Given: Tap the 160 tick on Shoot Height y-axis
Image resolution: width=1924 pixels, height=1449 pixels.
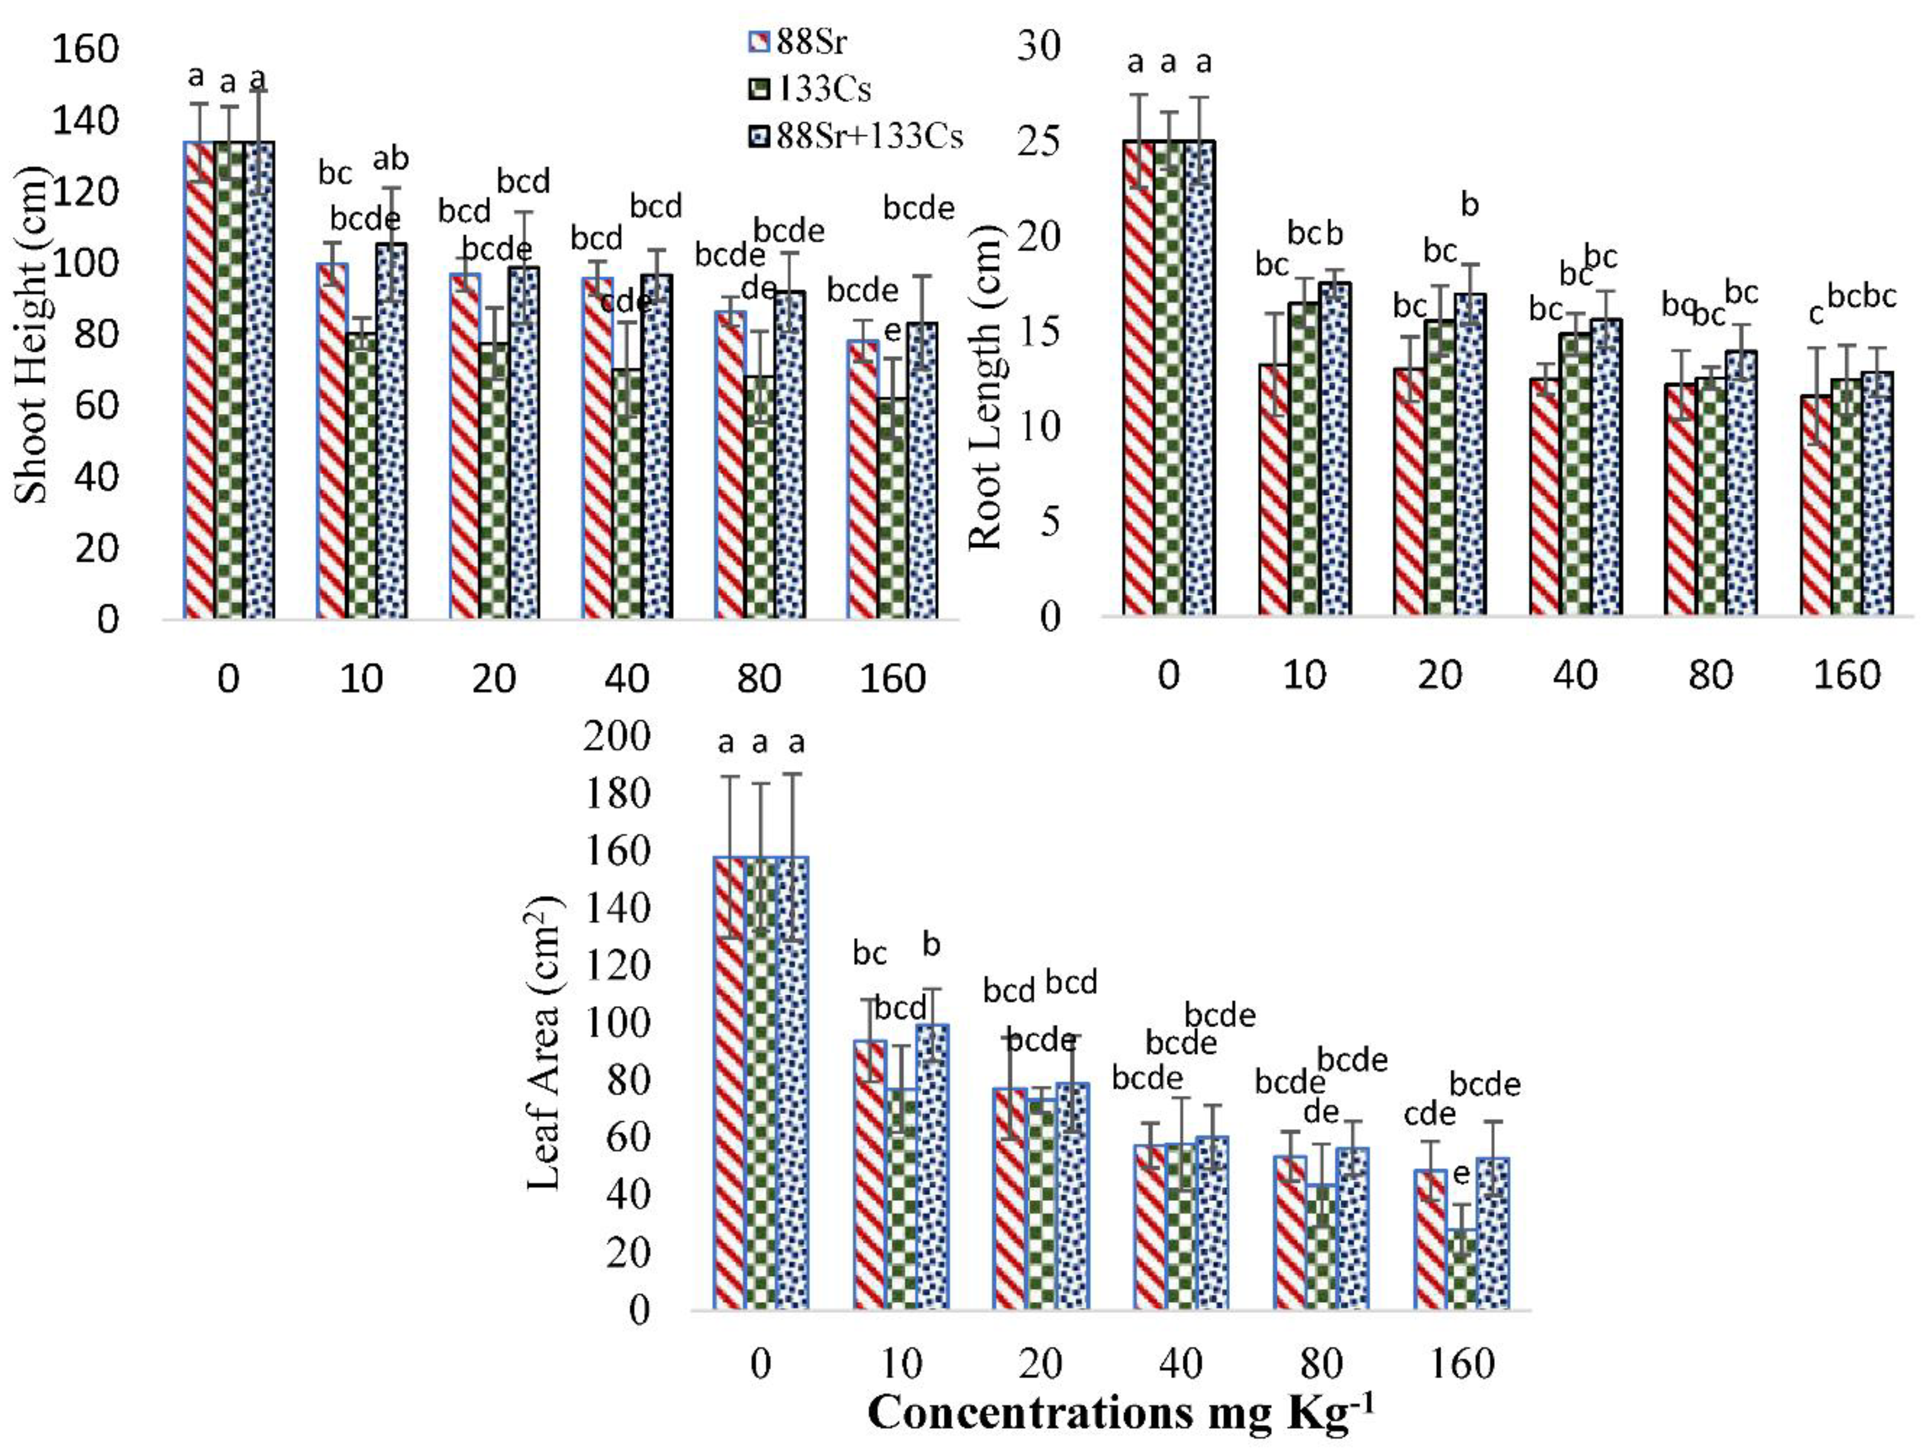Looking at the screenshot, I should (84, 49).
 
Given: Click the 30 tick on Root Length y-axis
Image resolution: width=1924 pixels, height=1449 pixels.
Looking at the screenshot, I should (1039, 45).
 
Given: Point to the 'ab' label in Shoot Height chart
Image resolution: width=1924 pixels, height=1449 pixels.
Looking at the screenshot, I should (390, 159).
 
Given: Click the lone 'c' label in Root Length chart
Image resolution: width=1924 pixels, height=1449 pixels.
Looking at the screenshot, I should (1815, 315).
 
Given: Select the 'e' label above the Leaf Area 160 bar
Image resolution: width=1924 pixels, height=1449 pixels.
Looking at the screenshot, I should (1461, 1175).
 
